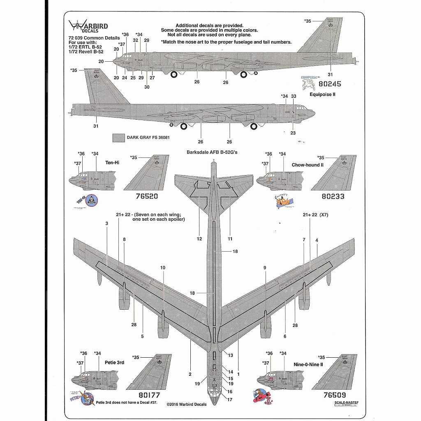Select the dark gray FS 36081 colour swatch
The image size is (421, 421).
click(x=119, y=138)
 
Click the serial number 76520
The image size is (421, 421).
click(x=147, y=196)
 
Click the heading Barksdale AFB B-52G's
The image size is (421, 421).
click(x=212, y=153)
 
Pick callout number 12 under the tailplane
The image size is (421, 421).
click(x=199, y=238)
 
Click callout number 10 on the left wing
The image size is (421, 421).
click(x=163, y=268)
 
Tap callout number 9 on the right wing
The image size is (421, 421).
click(x=265, y=268)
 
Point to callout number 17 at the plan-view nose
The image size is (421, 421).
click(x=230, y=399)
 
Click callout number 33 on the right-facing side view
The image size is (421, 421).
click(x=293, y=96)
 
